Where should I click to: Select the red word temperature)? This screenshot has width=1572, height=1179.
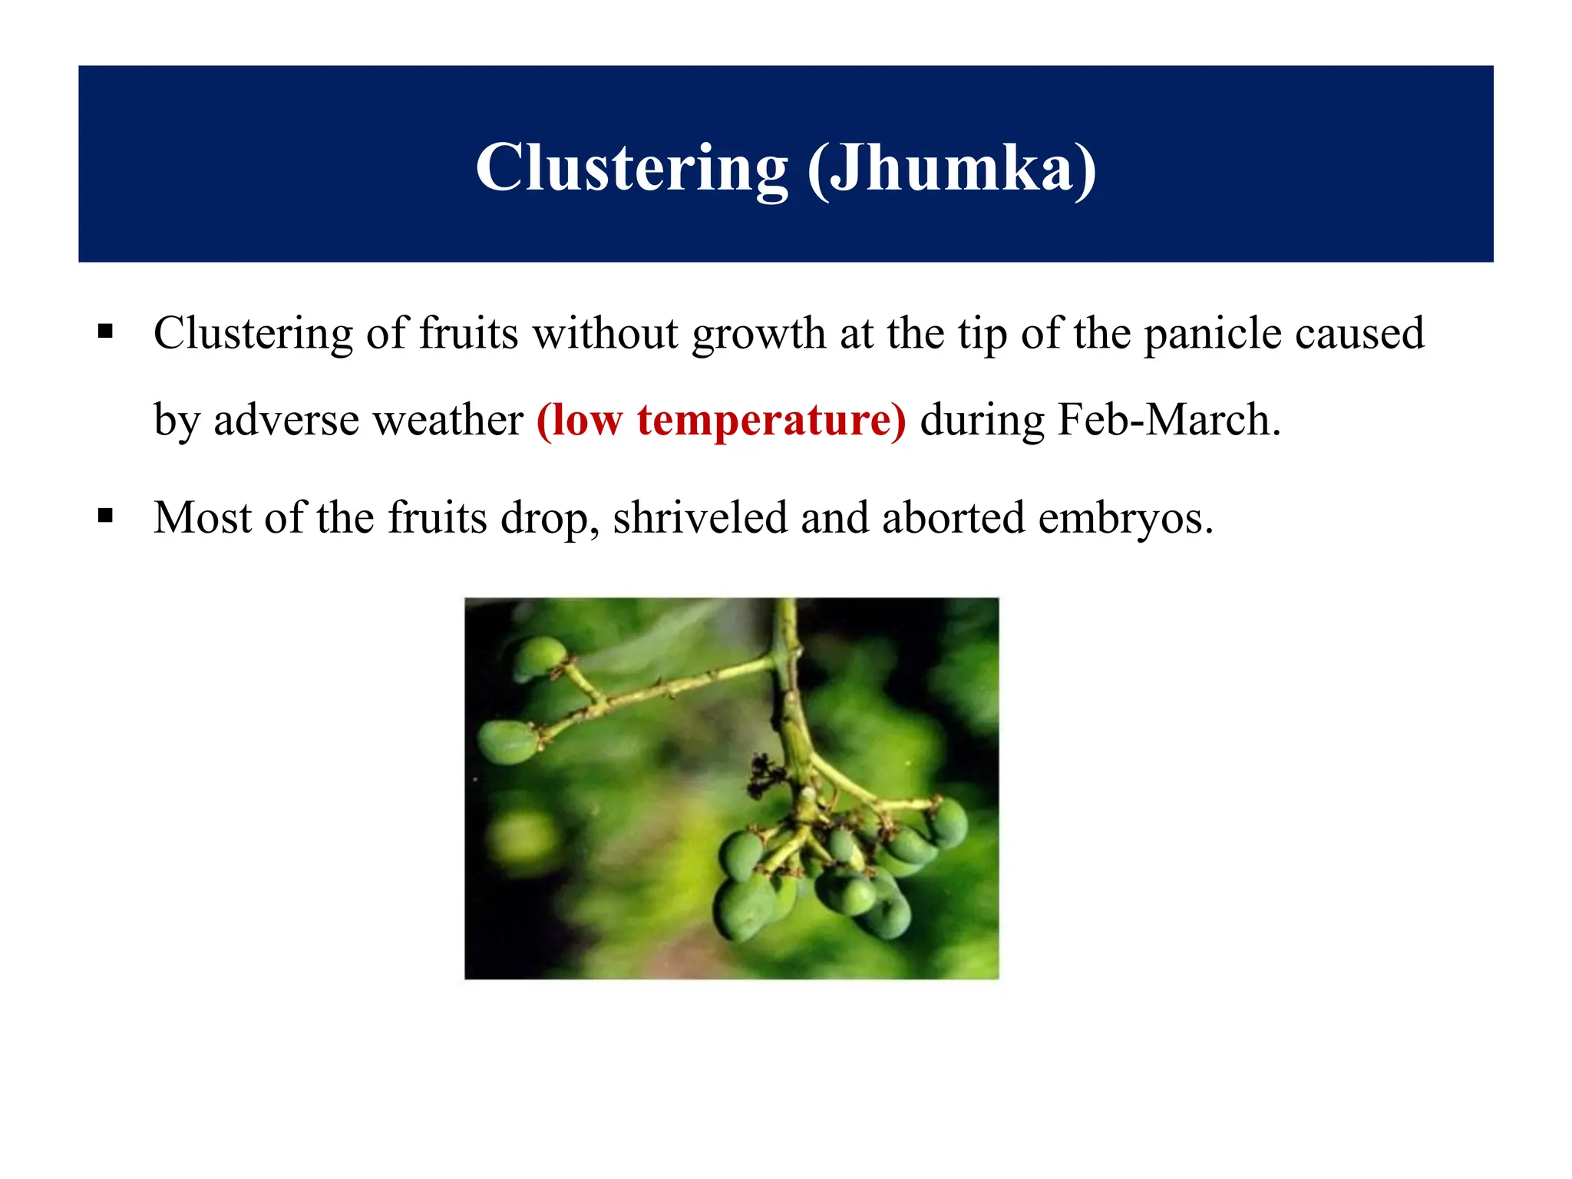[x=771, y=421]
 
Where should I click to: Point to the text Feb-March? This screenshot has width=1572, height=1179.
[x=1168, y=421]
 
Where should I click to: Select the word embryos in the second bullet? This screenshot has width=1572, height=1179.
[x=1125, y=519]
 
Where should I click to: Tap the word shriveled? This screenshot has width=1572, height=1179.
[x=699, y=517]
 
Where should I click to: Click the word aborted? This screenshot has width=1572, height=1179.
[x=953, y=517]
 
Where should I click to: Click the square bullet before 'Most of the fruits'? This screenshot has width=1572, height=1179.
[x=106, y=515]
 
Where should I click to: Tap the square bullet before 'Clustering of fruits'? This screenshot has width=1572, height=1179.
[x=106, y=332]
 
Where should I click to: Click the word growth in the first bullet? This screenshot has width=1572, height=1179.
[x=758, y=335]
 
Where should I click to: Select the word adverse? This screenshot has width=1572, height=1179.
[x=286, y=421]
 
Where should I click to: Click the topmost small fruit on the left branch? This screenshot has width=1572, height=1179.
[x=538, y=657]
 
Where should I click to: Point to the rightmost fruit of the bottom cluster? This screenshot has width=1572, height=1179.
[x=949, y=822]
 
